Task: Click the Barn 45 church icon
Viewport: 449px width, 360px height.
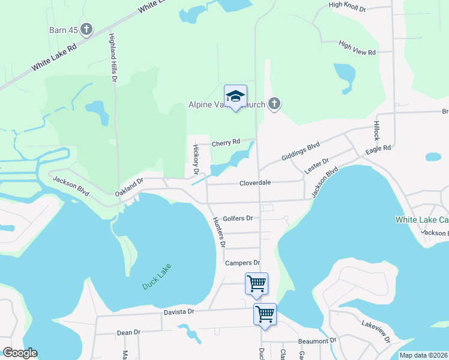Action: (x=86, y=29)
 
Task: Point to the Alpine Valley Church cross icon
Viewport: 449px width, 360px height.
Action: (x=274, y=104)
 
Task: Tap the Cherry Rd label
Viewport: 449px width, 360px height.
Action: (x=226, y=142)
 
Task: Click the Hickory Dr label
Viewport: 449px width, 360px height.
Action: (x=195, y=159)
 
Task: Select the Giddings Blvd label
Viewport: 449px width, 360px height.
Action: (x=301, y=152)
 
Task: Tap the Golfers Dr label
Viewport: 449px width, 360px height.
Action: (x=237, y=219)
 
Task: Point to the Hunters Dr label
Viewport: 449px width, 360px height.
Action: (x=218, y=232)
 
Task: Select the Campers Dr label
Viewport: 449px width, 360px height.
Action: (x=243, y=263)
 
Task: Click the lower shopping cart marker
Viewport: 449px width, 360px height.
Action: (x=265, y=314)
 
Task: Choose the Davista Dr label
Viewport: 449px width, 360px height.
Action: (x=179, y=311)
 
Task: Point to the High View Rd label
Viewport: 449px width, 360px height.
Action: (x=357, y=49)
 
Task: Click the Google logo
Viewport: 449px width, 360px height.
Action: (x=20, y=353)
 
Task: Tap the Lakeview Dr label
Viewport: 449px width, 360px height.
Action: (x=376, y=331)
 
